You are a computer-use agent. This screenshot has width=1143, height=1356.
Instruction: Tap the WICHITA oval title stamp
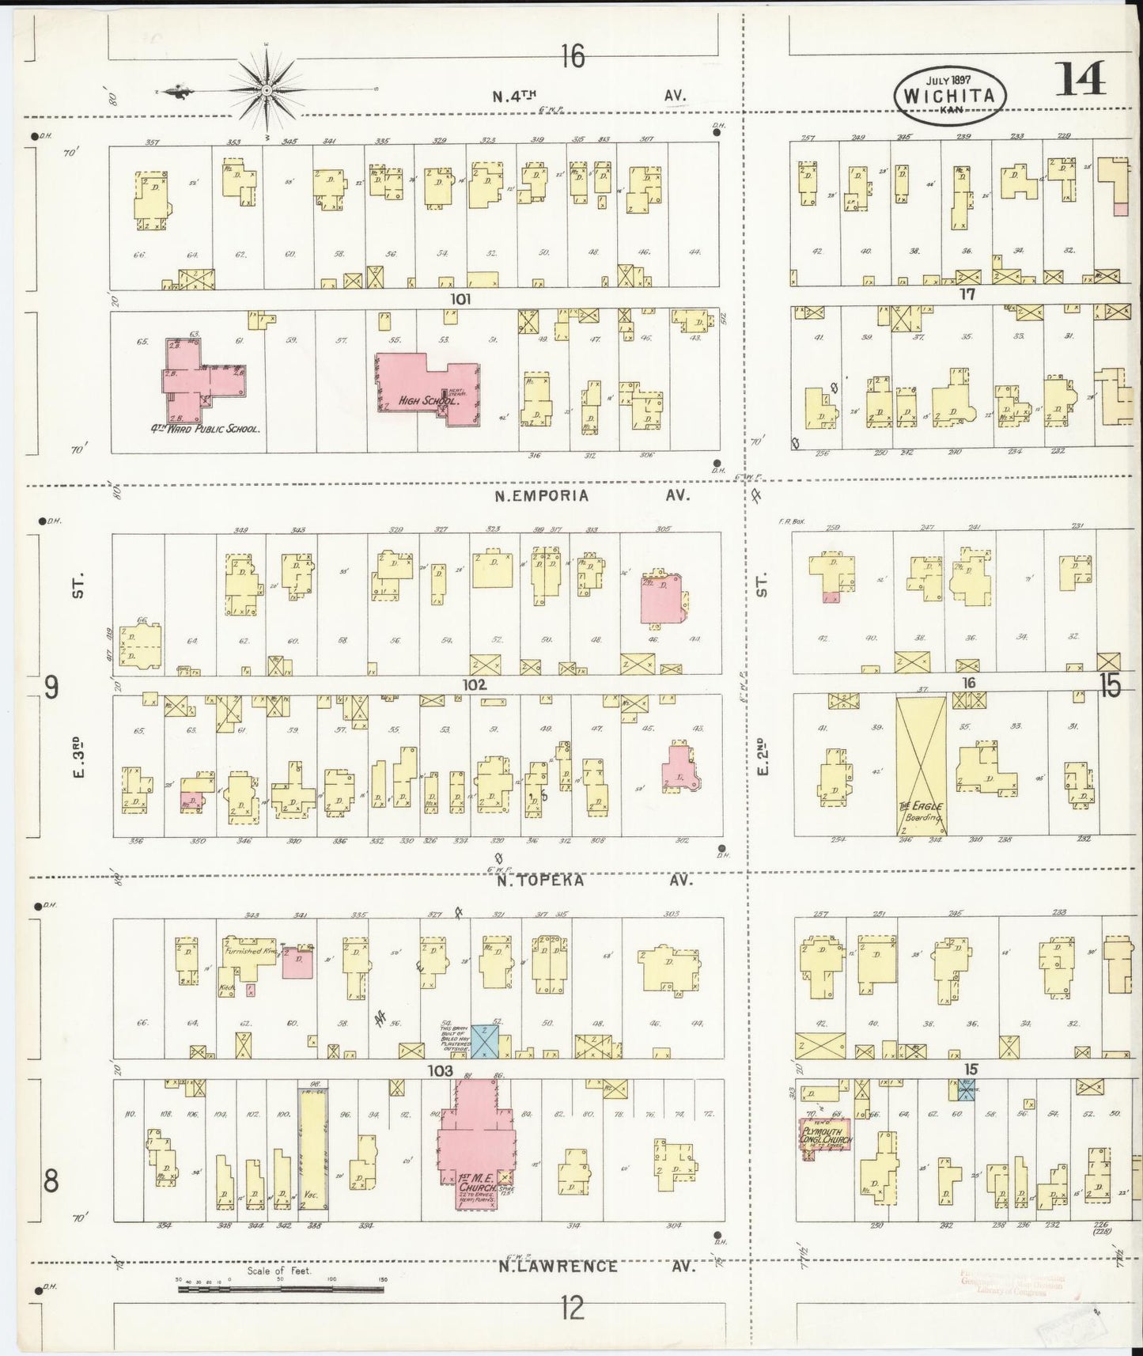click(x=951, y=94)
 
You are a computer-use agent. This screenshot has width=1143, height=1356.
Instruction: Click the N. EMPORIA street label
click(x=542, y=496)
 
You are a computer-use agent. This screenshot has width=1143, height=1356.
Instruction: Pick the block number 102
click(x=475, y=684)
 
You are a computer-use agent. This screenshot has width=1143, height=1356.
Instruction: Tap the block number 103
click(x=440, y=1070)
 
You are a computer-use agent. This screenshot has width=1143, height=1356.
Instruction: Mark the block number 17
click(x=967, y=294)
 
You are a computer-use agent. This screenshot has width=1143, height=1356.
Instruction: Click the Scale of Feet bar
click(x=281, y=1289)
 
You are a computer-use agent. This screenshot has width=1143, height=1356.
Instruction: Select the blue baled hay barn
click(x=484, y=1041)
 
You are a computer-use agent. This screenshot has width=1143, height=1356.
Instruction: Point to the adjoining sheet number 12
click(x=572, y=1309)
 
